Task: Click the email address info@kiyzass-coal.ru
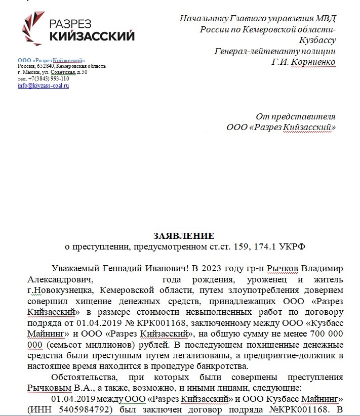tap(43, 86)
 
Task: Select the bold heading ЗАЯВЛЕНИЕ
tap(184, 236)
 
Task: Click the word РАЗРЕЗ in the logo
tap(78, 23)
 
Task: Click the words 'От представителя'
tap(296, 117)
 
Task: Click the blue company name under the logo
tap(51, 61)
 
